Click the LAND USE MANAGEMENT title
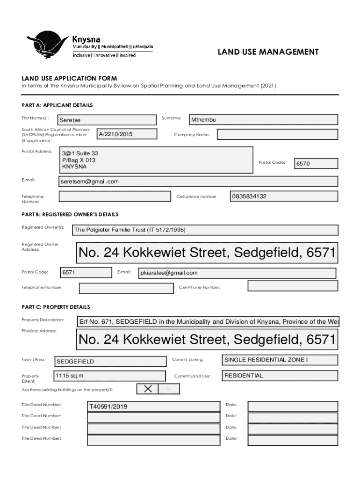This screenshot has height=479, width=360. tap(268, 52)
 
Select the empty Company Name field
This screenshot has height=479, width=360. tap(277, 135)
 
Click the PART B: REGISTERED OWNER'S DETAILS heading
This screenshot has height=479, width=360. tap(70, 214)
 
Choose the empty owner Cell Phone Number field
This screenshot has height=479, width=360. tap(292, 286)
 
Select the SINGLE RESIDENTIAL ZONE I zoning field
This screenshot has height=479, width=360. tap(280, 360)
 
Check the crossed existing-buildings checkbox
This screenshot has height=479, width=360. tap(148, 389)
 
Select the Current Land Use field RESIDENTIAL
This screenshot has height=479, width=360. tap(280, 376)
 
